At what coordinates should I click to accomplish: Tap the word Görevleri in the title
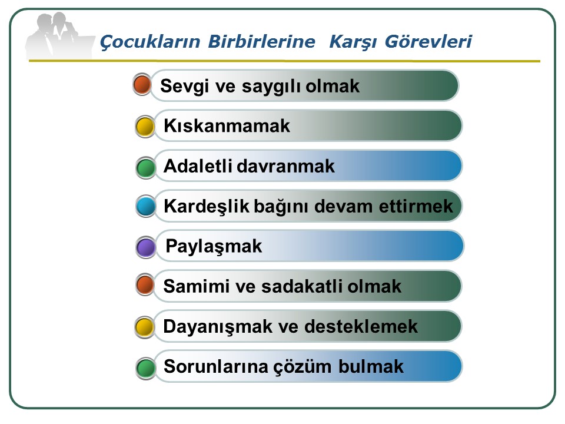pos(428,41)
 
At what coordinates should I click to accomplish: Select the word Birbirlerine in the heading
pos(261,41)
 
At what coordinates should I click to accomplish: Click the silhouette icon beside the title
pos(58,35)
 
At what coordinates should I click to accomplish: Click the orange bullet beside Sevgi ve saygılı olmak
pos(142,85)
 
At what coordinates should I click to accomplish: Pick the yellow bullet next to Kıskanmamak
pos(145,127)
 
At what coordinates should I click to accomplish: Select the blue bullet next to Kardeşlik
pos(146,206)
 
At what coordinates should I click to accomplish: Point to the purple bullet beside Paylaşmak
pos(146,247)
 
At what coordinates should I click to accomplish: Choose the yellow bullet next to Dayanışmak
pos(145,327)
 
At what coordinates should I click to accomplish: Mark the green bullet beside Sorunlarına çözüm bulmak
pos(146,367)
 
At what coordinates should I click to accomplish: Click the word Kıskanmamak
pos(227,126)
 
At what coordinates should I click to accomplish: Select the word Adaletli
pos(198,166)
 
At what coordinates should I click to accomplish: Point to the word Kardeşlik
pos(207,207)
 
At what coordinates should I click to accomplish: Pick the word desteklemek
pos(361,327)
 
